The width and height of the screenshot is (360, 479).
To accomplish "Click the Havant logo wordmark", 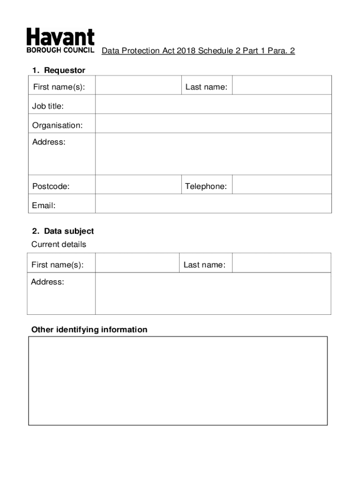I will click(60, 36).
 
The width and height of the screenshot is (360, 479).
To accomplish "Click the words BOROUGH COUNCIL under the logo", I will click(60, 50).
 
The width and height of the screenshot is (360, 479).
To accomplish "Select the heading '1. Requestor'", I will click(58, 70).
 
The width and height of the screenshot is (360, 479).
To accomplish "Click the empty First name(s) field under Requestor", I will click(138, 86).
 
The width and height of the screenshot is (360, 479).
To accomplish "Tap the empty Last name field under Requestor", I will click(281, 86).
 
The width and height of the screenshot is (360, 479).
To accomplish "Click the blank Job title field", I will click(213, 105).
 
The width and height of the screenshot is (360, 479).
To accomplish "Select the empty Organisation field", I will click(213, 124).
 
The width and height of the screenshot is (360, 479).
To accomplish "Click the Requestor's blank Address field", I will click(213, 154).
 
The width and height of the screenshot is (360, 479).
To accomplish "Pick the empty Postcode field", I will click(138, 185).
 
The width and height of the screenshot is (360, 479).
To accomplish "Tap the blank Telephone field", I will click(281, 185).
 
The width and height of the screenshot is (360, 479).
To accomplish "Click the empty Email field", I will click(213, 204).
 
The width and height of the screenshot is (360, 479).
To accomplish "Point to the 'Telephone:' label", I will click(206, 187).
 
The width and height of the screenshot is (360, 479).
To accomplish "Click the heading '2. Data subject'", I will click(63, 231).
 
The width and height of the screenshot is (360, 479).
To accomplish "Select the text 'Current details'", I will click(58, 244).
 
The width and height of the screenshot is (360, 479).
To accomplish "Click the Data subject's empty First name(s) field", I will click(137, 263).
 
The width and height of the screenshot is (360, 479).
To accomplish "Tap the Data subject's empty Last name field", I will click(281, 263).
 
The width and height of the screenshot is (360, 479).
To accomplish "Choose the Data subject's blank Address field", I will click(213, 293).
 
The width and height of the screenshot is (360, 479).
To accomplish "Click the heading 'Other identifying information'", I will click(89, 330).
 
